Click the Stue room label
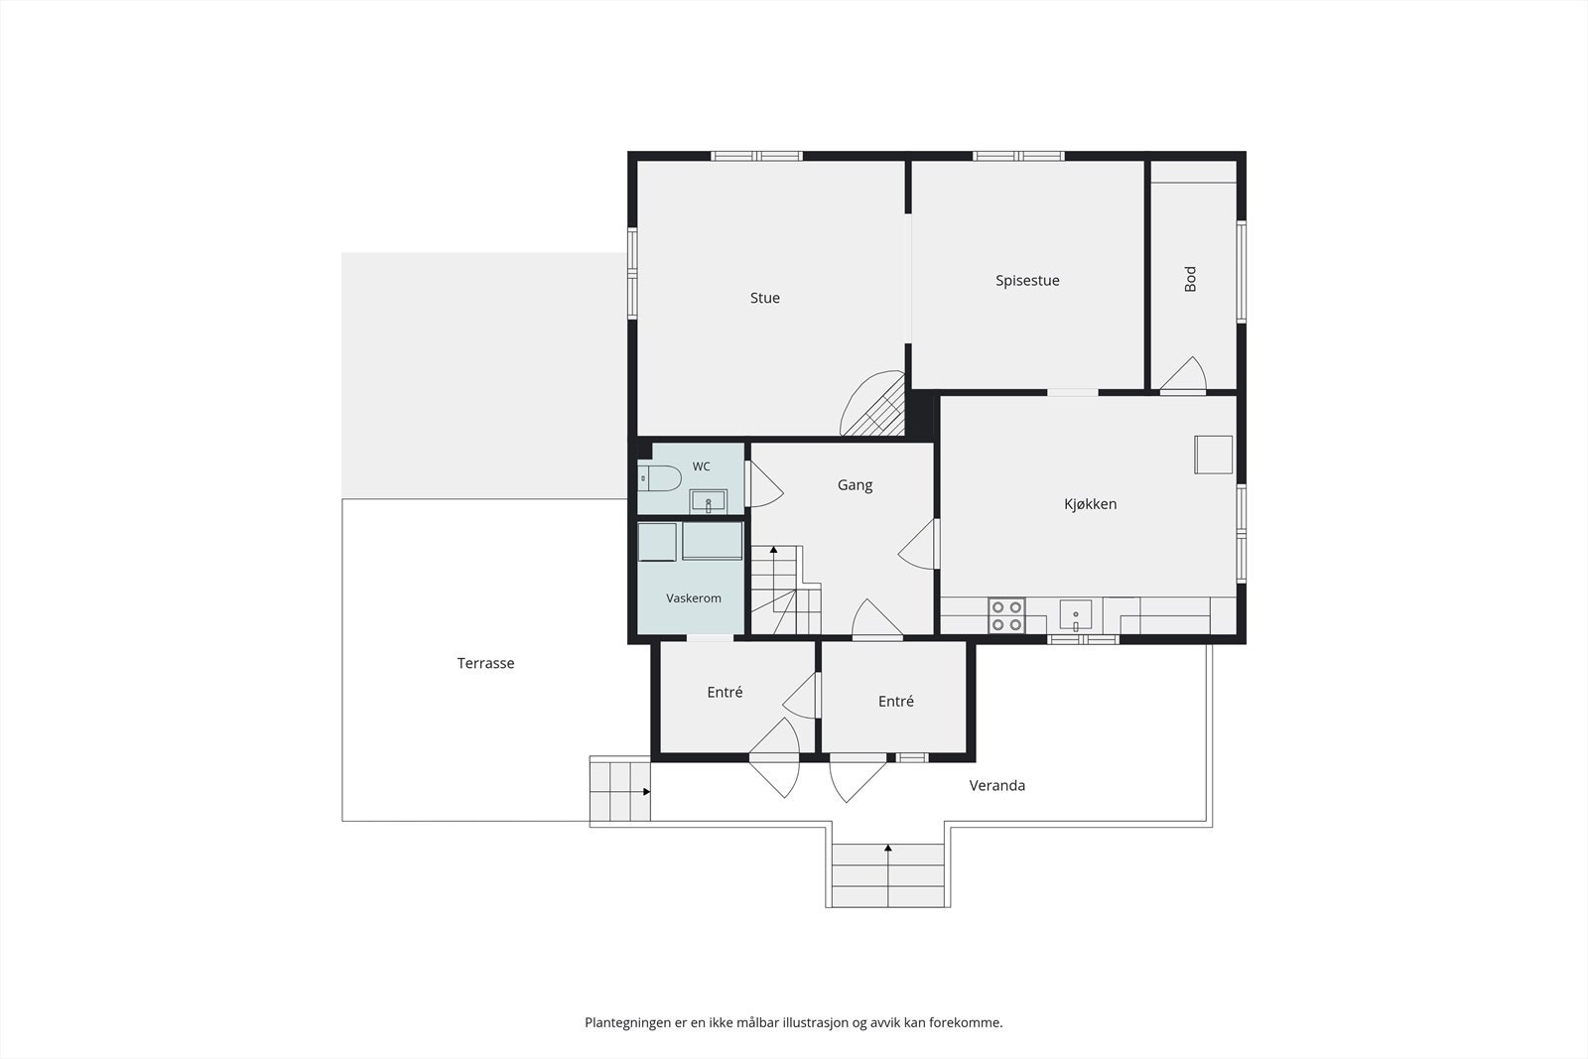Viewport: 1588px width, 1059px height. (765, 298)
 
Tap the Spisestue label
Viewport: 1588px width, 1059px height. (1027, 281)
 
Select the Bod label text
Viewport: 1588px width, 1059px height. (1190, 279)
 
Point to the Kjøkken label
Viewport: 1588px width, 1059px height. (1091, 504)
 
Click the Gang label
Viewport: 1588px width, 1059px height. (855, 485)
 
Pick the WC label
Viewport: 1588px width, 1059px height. (701, 466)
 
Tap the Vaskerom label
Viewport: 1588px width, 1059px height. (694, 598)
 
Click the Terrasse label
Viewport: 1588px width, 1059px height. (485, 663)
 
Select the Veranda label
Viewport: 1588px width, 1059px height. (996, 785)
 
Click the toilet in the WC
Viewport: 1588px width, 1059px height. (659, 479)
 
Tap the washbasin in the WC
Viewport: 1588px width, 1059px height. (709, 501)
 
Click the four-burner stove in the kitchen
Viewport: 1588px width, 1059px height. (1006, 615)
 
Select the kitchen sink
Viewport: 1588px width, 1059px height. (1076, 614)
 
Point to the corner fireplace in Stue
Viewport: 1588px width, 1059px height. (873, 404)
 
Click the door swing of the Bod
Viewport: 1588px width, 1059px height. (1183, 373)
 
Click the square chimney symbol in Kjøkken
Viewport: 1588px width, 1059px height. (1213, 455)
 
